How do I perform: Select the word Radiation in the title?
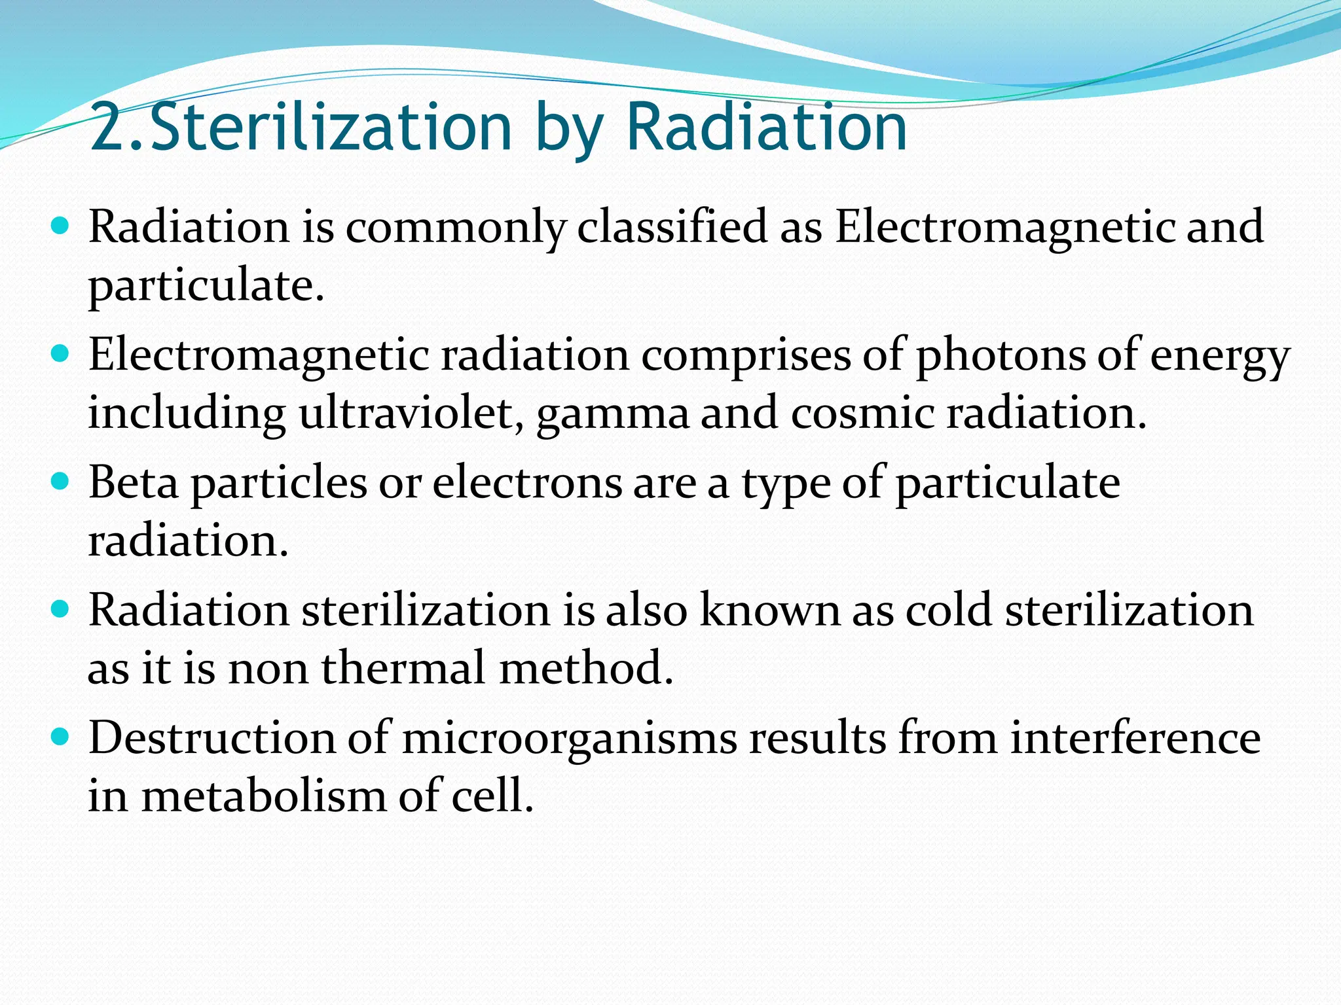tap(767, 127)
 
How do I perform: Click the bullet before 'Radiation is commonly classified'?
tap(60, 226)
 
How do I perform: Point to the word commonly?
tap(456, 228)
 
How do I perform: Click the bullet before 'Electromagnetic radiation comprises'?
tap(60, 354)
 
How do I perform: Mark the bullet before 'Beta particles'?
tap(60, 482)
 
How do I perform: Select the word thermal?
tap(404, 668)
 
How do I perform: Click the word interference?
tap(1135, 738)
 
